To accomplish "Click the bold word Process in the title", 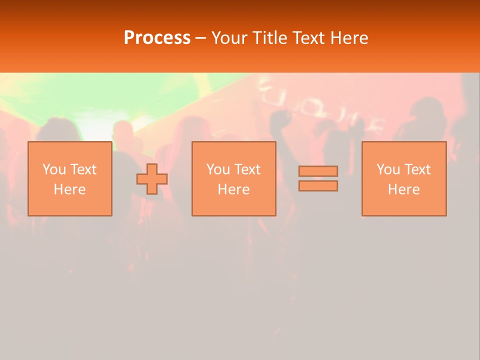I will tap(157, 38).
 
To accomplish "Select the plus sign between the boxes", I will tap(152, 179).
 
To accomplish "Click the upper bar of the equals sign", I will tap(318, 171).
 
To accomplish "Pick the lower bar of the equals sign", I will tap(318, 186).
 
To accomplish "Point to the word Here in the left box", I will tap(69, 189).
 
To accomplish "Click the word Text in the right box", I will tap(417, 169).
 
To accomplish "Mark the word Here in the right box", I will tap(404, 189).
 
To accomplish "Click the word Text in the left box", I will tap(83, 169).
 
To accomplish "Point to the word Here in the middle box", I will tap(233, 189).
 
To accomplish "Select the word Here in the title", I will tap(350, 38).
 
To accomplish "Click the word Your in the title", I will tap(229, 38).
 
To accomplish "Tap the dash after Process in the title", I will tap(201, 38).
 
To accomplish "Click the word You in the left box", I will tap(54, 169).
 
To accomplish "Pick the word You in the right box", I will tap(388, 169).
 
